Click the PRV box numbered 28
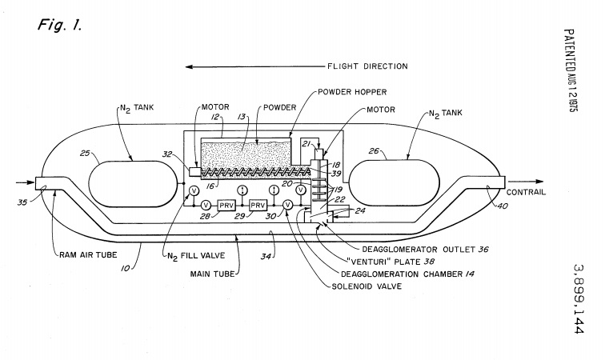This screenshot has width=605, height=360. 224,205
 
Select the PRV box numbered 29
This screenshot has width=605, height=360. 258,205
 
